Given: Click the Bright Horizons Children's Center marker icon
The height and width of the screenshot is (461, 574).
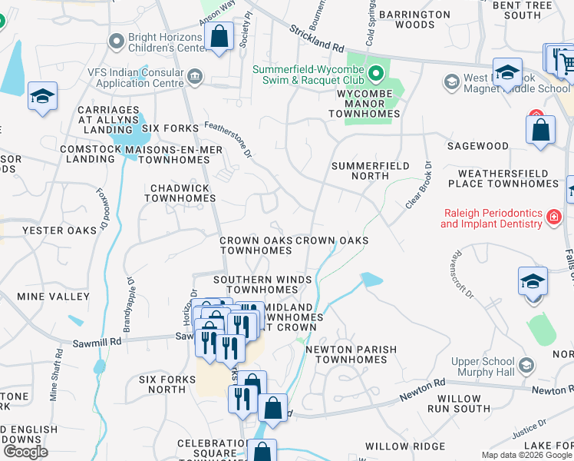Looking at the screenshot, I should coord(117,40).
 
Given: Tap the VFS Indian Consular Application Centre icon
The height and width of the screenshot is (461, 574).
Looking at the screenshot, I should coord(195,75).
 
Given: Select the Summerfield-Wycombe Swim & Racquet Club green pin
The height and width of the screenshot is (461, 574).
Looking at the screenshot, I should coord(375,75).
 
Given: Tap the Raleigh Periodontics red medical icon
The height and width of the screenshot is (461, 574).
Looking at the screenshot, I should coord(553,217).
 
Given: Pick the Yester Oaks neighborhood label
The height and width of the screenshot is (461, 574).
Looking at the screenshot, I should coord(60,230).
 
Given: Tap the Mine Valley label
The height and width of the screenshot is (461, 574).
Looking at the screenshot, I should coord(53,297).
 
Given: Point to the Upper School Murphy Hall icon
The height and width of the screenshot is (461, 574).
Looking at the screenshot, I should coord(526,364).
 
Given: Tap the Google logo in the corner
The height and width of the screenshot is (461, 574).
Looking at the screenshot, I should coord(25,451).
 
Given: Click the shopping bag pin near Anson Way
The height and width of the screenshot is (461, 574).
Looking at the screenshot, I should coord(219,37).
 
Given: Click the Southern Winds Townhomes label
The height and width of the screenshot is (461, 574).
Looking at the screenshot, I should coord(255,284).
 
